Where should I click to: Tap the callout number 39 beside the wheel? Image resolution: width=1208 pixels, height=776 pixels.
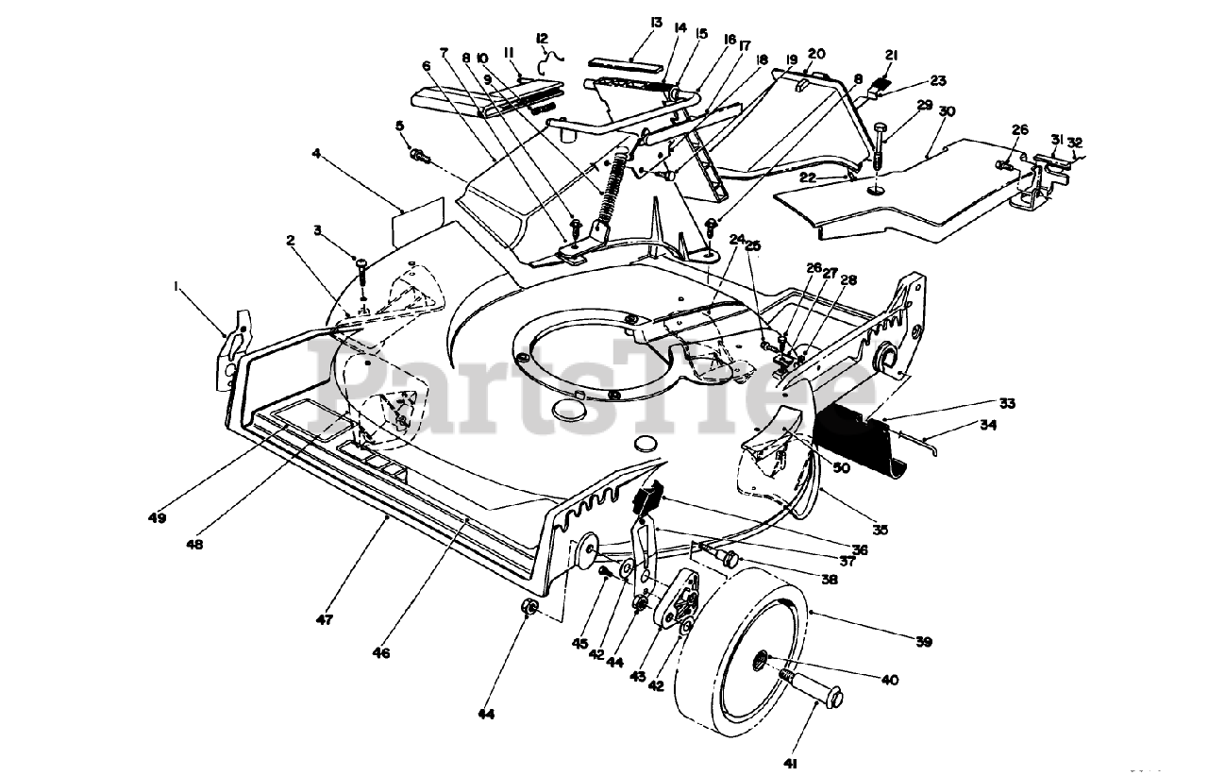[x=923, y=642]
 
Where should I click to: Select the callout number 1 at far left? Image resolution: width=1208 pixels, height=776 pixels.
[x=175, y=282]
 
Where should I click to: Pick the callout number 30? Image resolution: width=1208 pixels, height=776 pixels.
[x=948, y=110]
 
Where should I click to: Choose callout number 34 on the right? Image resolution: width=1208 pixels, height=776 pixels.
[x=987, y=425]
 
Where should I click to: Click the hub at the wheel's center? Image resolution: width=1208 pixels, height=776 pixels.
[x=761, y=663]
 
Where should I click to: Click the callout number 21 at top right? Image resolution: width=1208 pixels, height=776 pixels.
[x=892, y=54]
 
